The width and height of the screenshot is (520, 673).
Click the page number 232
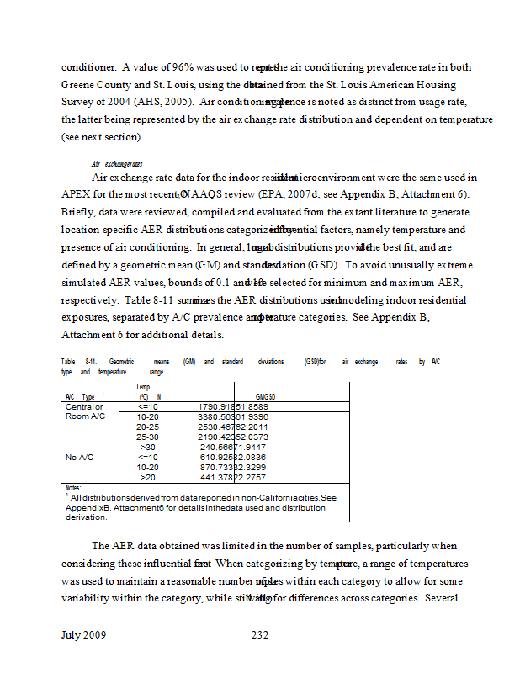260,635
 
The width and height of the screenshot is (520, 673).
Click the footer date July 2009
84,635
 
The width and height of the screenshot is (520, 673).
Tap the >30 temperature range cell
147,448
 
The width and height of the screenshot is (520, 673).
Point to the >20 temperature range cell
147,477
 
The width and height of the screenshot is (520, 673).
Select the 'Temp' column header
143,387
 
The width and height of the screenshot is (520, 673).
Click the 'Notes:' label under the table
73,487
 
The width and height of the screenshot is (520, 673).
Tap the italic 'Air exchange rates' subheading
116,163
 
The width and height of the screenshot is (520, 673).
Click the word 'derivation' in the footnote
86,517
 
